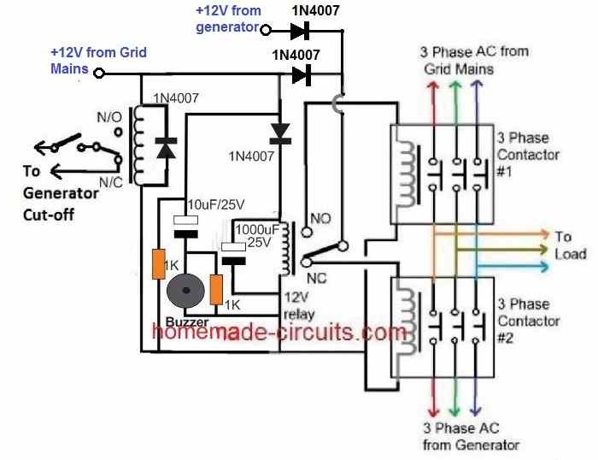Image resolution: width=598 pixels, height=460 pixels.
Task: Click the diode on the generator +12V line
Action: (x=298, y=31)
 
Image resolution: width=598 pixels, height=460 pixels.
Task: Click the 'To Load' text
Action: (x=569, y=245)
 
